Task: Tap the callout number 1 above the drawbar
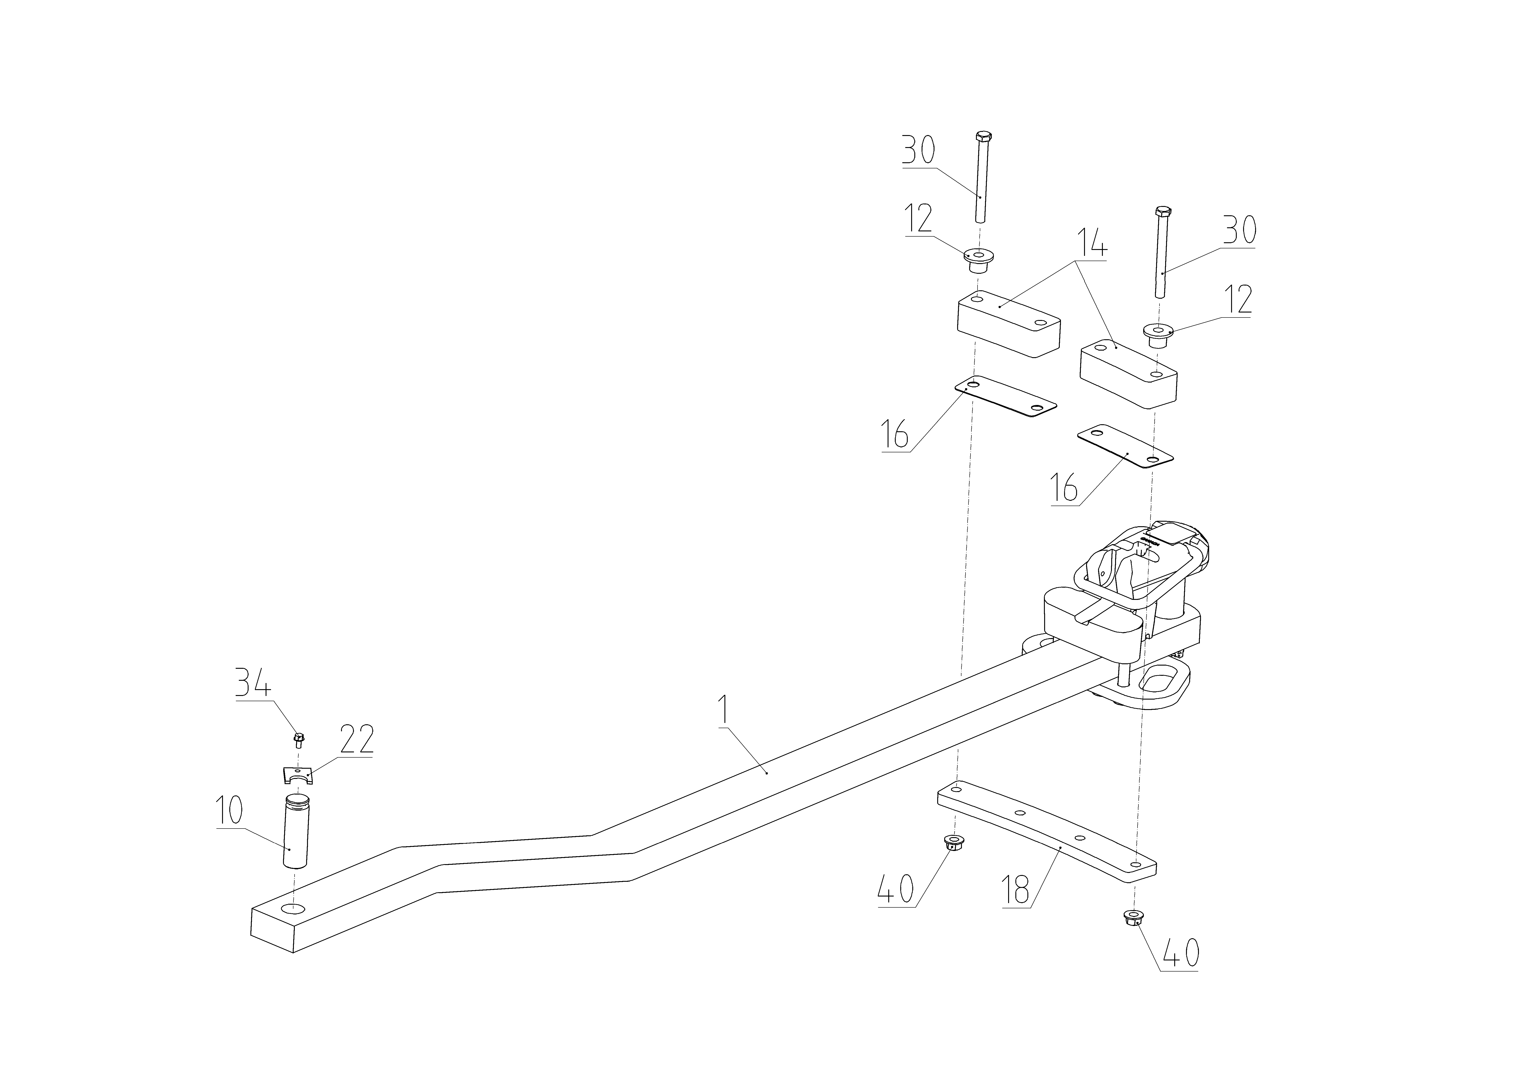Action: pos(725,711)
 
